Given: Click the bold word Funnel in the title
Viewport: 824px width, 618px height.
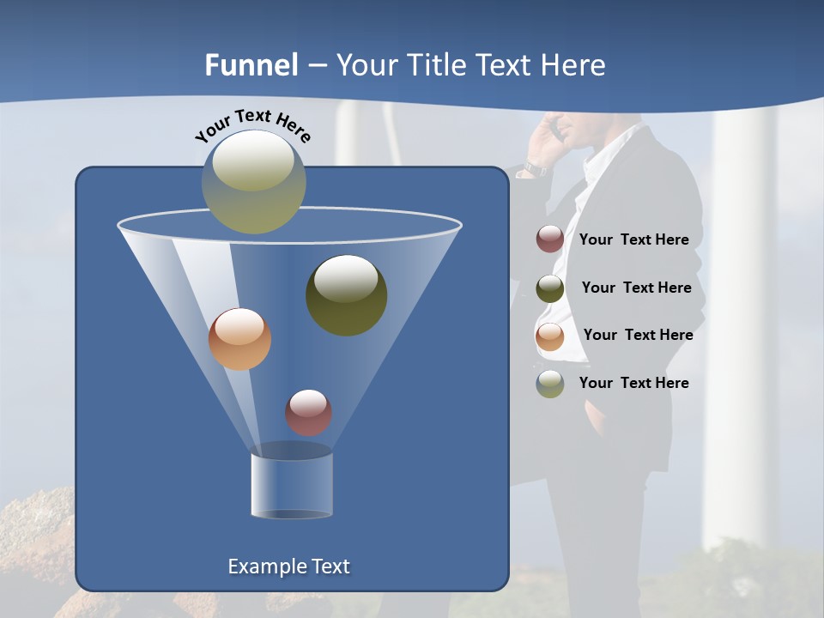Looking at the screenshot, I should coord(251,65).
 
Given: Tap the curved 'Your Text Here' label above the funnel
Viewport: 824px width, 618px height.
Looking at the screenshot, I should coord(253,125).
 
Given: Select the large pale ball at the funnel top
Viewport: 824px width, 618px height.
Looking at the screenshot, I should coord(254,181).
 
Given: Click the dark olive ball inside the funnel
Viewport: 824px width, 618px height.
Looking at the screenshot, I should coord(346,294).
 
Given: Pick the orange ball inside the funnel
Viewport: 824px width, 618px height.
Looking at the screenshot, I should coord(239,339).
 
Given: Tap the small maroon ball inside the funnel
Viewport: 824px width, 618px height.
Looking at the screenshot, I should coord(308,412).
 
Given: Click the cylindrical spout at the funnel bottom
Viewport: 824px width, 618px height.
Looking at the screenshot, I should coord(291,485).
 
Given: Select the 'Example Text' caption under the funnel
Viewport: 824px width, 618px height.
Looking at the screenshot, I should coord(288,566).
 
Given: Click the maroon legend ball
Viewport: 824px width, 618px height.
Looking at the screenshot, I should coord(550,239).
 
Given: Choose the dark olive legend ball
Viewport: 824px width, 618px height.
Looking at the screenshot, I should coord(550,288).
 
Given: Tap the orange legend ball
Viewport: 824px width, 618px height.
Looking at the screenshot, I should coord(550,336).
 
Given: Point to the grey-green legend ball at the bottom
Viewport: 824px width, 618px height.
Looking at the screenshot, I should coord(550,384).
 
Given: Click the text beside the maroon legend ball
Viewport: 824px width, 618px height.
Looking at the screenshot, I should coord(633,239).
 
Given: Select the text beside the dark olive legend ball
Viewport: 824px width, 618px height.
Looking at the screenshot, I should coord(636,288).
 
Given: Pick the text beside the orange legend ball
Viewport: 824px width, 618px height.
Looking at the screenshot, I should coord(638,335).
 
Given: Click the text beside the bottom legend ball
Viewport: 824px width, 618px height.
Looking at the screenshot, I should coord(633,383).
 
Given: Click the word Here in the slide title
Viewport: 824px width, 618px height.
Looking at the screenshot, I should coord(575,65).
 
